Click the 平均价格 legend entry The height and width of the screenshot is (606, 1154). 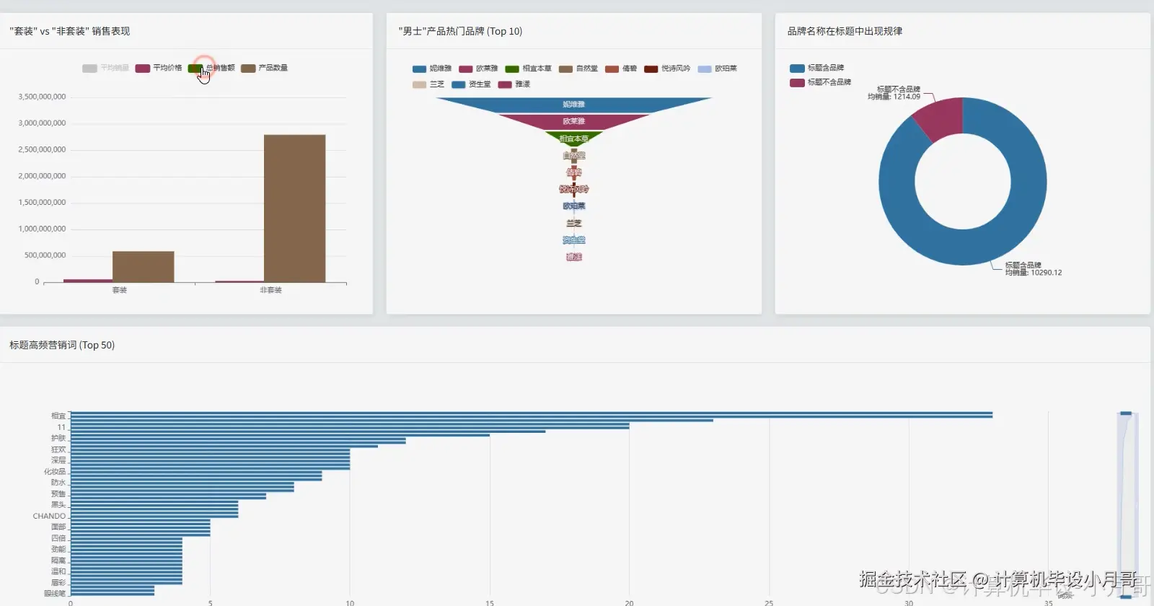(x=159, y=68)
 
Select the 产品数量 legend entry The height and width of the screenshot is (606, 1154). (x=265, y=68)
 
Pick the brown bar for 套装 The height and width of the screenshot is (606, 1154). (x=143, y=267)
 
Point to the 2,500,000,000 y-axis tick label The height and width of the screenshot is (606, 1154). (x=42, y=150)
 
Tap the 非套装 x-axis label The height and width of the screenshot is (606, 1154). (x=270, y=290)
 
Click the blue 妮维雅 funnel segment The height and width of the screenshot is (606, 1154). (x=573, y=105)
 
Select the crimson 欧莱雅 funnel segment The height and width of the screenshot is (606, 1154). (x=573, y=121)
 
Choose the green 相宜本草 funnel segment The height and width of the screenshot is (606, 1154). (x=573, y=138)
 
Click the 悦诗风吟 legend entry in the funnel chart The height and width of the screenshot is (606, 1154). (x=667, y=69)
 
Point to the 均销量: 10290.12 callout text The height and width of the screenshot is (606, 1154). (x=1034, y=273)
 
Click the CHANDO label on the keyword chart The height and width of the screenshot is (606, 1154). (x=49, y=516)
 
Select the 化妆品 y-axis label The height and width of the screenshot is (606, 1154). (x=55, y=472)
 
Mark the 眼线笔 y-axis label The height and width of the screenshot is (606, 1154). (x=55, y=594)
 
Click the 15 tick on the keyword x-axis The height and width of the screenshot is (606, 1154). (x=490, y=602)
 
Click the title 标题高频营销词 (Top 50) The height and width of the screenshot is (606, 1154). (x=62, y=345)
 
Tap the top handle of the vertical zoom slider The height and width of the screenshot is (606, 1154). (x=1126, y=413)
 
